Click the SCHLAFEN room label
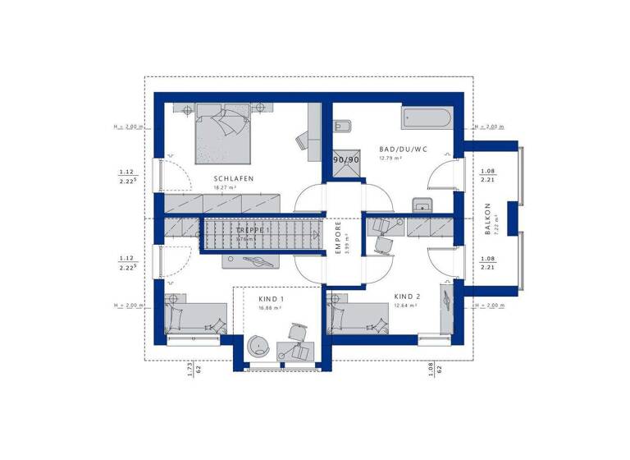[x=234, y=178]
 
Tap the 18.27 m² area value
[x=225, y=187]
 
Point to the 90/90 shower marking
[x=345, y=159]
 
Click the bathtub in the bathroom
[x=426, y=117]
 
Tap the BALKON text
[x=487, y=219]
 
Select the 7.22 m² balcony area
[x=497, y=219]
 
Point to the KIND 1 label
[x=271, y=299]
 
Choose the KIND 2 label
[x=407, y=296]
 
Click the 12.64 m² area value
[x=406, y=305]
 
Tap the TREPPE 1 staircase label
[x=253, y=232]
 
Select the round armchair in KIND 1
[x=259, y=346]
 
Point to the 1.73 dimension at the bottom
[x=189, y=370]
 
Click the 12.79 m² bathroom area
[x=389, y=159]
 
